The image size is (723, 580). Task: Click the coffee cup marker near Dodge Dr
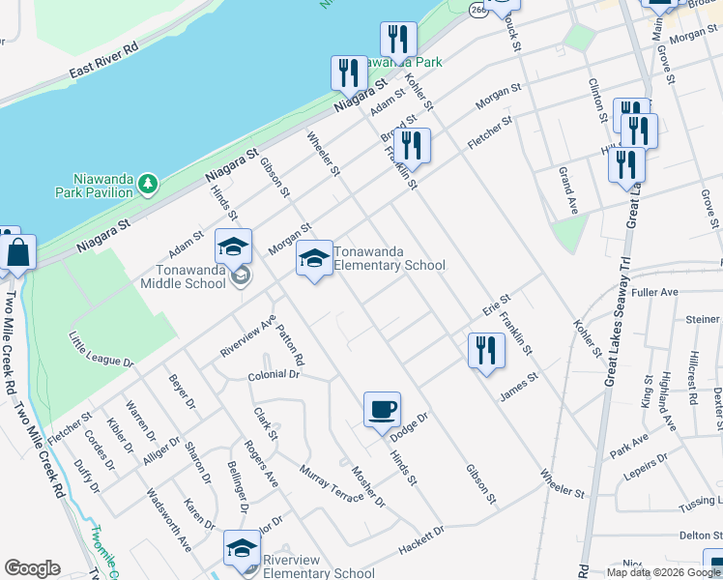tap(382, 409)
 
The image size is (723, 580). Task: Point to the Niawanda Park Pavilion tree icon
tap(148, 184)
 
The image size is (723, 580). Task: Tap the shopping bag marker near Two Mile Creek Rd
tap(18, 254)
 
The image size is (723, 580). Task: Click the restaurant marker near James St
tap(486, 351)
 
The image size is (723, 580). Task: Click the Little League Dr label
tap(101, 349)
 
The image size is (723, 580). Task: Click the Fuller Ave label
tap(656, 292)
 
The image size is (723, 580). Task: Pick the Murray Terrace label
tap(331, 481)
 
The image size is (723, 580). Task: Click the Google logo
tap(32, 567)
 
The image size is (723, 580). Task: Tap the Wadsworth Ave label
tap(169, 518)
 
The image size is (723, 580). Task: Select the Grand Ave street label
tap(567, 190)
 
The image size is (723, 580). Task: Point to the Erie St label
tap(496, 305)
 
